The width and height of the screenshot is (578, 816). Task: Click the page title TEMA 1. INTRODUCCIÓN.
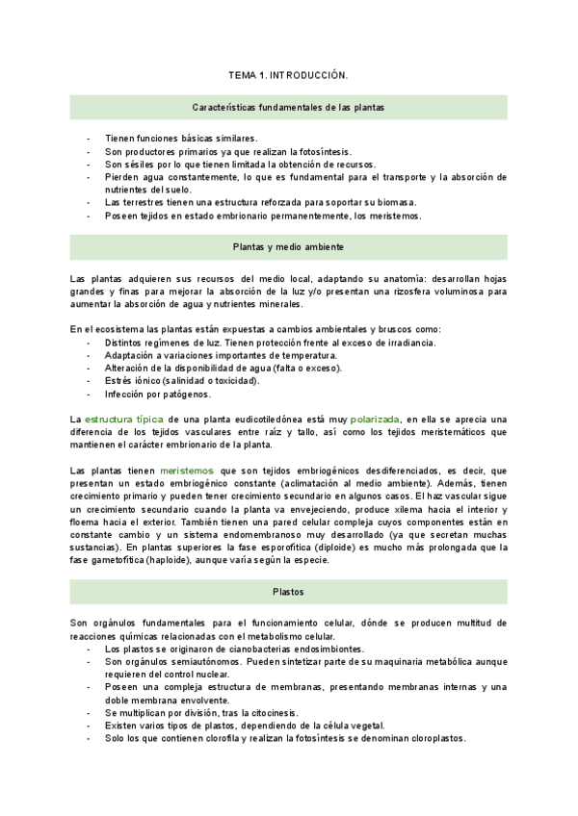pos(288,73)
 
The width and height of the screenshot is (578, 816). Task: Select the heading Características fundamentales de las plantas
pos(288,108)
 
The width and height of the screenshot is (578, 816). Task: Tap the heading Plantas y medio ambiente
pos(288,247)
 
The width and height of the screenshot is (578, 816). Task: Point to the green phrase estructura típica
pos(125,420)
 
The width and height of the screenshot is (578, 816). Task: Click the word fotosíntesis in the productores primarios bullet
pos(322,152)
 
